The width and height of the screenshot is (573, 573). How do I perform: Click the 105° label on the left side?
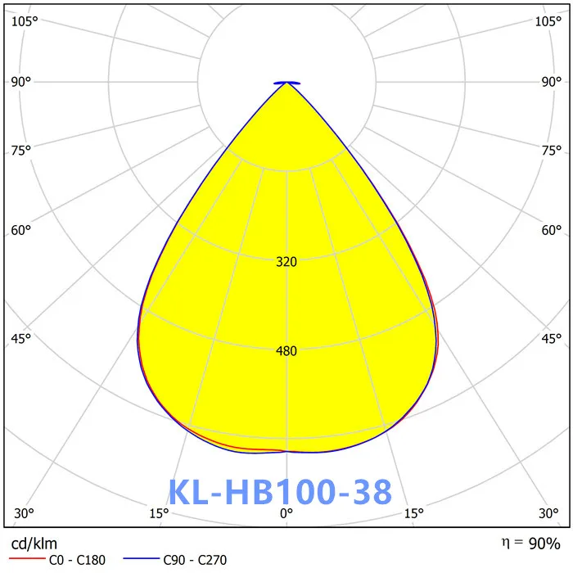click(x=25, y=21)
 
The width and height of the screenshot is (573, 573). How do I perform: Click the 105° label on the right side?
click(x=548, y=21)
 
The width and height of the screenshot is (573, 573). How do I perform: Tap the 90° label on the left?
click(x=21, y=81)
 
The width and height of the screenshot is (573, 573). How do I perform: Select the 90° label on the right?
click(x=552, y=81)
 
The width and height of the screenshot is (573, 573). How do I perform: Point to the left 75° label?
click(x=21, y=150)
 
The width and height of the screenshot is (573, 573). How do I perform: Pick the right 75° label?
click(x=552, y=150)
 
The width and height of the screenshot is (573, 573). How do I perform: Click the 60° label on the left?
click(x=21, y=230)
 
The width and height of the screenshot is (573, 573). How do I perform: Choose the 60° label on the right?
click(x=552, y=230)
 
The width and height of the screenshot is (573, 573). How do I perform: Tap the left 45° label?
click(x=21, y=338)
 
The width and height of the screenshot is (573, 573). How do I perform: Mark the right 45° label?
click(x=552, y=338)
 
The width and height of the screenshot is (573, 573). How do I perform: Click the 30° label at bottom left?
click(x=25, y=513)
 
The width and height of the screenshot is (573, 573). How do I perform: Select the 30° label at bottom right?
click(x=548, y=513)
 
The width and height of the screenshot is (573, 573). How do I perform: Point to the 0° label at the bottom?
click(x=286, y=513)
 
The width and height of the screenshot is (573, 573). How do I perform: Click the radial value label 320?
click(x=286, y=262)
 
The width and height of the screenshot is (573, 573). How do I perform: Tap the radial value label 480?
click(x=286, y=351)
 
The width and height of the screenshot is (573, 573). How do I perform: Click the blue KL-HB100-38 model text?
click(x=280, y=492)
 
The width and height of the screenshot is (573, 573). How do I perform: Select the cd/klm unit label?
click(x=34, y=544)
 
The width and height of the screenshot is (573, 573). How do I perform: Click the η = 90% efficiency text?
click(x=530, y=543)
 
